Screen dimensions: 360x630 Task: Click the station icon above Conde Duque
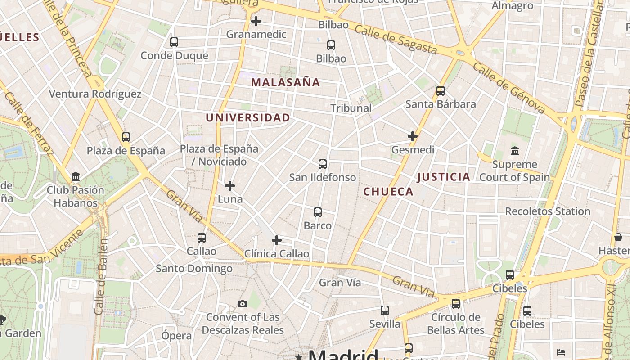click(174, 42)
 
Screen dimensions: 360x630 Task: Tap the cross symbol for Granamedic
click(256, 21)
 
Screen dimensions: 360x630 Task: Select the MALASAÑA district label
click(285, 82)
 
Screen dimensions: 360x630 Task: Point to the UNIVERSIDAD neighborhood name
click(248, 118)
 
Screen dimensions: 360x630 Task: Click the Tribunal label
click(351, 108)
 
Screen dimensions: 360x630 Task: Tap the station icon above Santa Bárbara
click(441, 91)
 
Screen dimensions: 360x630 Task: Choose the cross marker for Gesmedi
click(413, 136)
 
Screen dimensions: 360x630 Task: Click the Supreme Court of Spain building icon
click(514, 151)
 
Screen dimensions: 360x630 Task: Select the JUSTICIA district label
click(443, 177)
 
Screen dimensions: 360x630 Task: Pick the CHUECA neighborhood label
click(388, 192)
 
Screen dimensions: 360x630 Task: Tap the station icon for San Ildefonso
click(323, 164)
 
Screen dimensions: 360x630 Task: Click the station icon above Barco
click(318, 212)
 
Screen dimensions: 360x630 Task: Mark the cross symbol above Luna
click(230, 186)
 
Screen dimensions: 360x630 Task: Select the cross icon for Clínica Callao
click(277, 240)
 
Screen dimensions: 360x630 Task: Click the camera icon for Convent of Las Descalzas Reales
click(243, 304)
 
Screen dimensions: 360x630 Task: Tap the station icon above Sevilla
click(385, 310)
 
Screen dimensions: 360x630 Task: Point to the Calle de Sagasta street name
click(396, 40)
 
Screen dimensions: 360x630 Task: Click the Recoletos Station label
click(548, 211)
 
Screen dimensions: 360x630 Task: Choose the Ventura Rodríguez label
click(95, 94)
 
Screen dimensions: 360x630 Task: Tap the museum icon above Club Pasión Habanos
click(76, 177)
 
